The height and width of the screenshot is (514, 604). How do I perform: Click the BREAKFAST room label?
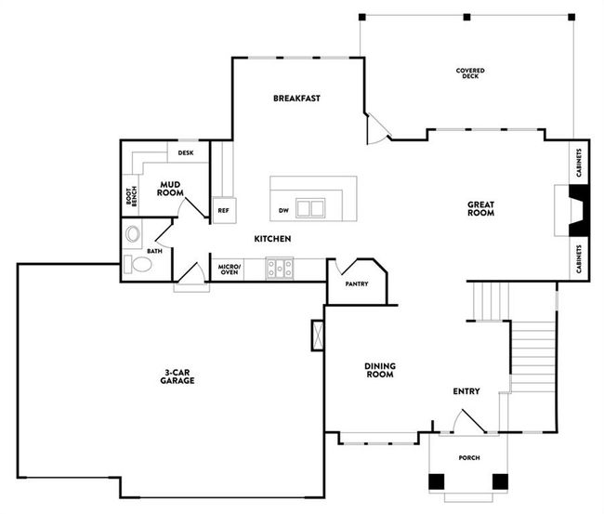pyautogui.click(x=296, y=98)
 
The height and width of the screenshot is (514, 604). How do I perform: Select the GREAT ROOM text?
pyautogui.click(x=479, y=208)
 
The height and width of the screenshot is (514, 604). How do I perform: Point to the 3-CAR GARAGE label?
pyautogui.click(x=176, y=376)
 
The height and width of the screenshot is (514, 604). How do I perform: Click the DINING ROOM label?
pyautogui.click(x=379, y=370)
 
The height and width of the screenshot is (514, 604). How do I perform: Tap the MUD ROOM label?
pyautogui.click(x=168, y=188)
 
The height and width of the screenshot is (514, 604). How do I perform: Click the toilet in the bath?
pyautogui.click(x=140, y=266)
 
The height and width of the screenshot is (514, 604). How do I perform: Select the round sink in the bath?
pyautogui.click(x=132, y=233)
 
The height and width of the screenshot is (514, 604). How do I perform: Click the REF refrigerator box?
pyautogui.click(x=223, y=210)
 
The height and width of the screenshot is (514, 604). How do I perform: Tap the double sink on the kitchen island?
pyautogui.click(x=310, y=207)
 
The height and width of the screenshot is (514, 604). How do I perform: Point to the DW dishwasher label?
pyautogui.click(x=282, y=210)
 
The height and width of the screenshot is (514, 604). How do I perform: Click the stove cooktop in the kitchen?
pyautogui.click(x=280, y=269)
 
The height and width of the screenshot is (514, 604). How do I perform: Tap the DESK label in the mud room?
pyautogui.click(x=186, y=152)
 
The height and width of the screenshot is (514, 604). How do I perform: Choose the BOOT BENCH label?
pyautogui.click(x=131, y=196)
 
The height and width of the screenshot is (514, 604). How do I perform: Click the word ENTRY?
pyautogui.click(x=466, y=391)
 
